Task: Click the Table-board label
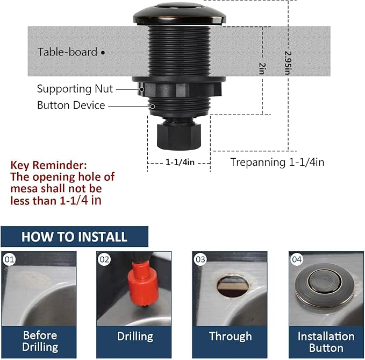[x=67, y=52]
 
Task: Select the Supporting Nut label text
[x=75, y=89]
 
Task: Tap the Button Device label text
[x=71, y=105]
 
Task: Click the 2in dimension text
[x=262, y=68]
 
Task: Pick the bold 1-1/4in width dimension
[x=179, y=161]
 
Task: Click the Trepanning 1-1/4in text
[x=277, y=162]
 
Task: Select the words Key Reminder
[x=48, y=165]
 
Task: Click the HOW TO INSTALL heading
[x=74, y=237]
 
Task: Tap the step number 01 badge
[x=9, y=259]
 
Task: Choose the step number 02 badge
[x=104, y=259]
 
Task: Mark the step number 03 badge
[x=201, y=259]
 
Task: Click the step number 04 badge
[x=297, y=259]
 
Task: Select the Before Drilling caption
[x=40, y=341]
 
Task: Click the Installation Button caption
[x=326, y=342]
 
